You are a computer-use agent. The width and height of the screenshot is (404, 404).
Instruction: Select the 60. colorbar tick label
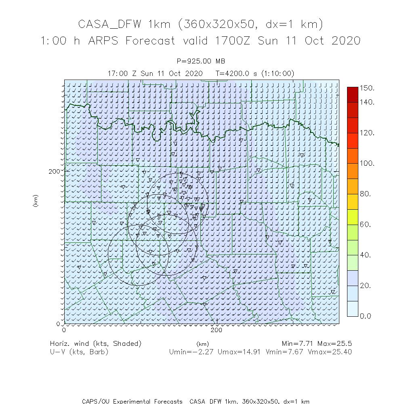366,224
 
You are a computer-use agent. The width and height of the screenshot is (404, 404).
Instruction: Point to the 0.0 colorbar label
366,316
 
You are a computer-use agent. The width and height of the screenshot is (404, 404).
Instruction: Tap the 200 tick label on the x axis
217,330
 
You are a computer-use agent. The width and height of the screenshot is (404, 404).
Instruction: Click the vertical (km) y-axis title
36,201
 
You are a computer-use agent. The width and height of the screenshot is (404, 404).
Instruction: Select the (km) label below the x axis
202,344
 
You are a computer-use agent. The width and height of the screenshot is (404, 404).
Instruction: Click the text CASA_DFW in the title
109,25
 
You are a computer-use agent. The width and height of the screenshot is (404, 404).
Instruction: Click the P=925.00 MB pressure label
201,61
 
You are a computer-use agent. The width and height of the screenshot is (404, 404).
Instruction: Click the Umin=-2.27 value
191,352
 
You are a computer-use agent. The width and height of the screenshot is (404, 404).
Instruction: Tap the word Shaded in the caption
126,343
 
